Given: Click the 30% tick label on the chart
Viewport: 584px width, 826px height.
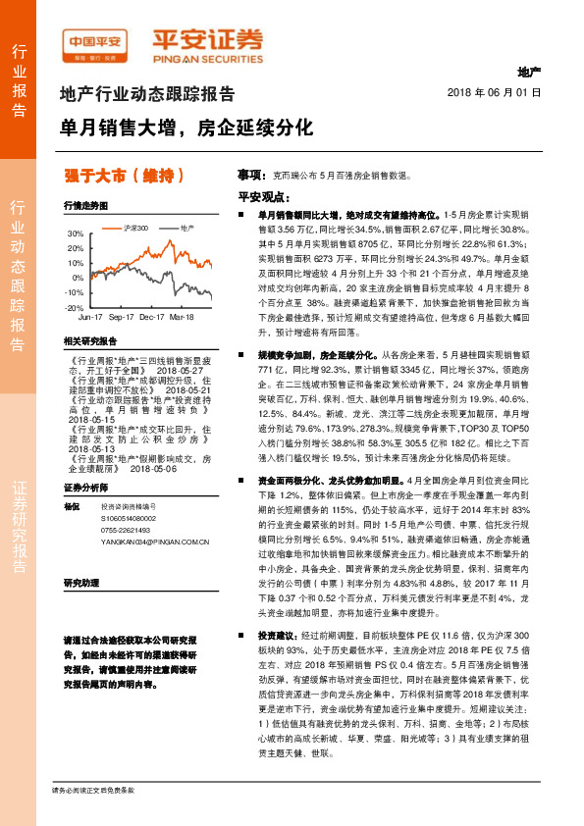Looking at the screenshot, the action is coord(76,234).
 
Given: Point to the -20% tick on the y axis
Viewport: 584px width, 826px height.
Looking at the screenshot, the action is coord(75,307).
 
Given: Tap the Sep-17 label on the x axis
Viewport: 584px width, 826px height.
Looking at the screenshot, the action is coord(121,318).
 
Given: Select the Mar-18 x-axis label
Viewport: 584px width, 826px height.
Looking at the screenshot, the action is coord(183,318).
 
